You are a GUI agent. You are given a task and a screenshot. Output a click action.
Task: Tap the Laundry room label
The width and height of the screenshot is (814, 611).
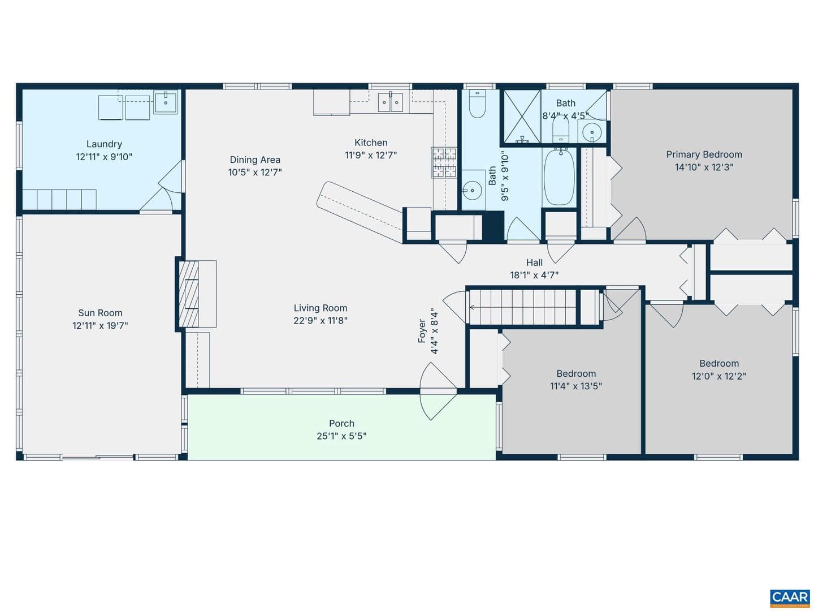(104, 144)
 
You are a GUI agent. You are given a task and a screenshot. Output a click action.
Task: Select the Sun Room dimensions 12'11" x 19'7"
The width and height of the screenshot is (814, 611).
(100, 325)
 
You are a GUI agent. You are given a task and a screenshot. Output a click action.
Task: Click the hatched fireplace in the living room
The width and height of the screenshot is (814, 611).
(189, 294)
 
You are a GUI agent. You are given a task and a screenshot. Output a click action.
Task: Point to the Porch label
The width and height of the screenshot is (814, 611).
(341, 423)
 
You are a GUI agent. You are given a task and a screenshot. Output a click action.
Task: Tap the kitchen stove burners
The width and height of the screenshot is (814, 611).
(444, 163)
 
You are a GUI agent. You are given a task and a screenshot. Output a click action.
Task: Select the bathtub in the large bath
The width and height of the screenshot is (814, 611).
(559, 177)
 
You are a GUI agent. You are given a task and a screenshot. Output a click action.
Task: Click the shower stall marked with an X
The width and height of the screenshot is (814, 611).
(521, 117)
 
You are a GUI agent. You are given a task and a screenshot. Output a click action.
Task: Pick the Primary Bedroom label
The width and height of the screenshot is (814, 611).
(704, 154)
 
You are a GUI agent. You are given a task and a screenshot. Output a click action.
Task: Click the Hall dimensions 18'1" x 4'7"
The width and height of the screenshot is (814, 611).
(534, 275)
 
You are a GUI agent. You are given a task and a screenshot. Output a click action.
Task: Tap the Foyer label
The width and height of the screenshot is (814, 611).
(422, 330)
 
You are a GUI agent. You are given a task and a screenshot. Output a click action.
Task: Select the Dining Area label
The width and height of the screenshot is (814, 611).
(255, 160)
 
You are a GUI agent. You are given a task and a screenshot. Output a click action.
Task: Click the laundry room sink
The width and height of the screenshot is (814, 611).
(166, 102)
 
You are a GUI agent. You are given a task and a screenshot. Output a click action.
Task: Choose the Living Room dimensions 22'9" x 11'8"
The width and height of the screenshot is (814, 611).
(321, 320)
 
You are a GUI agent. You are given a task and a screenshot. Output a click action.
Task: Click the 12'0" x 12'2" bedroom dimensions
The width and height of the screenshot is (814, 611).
(718, 376)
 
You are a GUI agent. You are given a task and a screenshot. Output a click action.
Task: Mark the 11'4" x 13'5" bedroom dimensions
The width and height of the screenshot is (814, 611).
(576, 386)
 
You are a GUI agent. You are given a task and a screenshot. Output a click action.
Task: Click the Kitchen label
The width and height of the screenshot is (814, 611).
(371, 143)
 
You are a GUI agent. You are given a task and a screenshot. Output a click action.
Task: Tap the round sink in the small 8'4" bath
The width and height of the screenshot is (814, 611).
(592, 132)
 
